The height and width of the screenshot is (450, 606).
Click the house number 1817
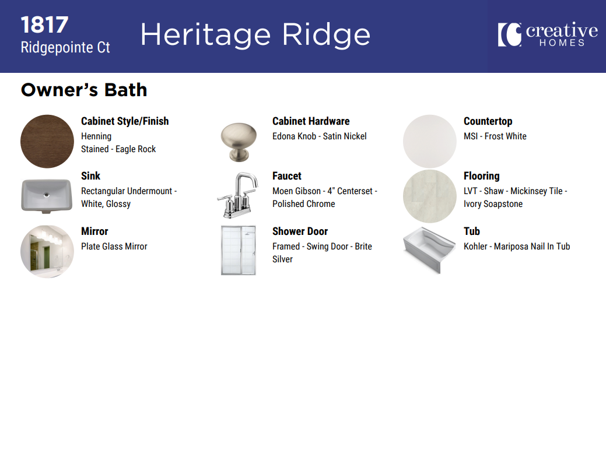point(44,25)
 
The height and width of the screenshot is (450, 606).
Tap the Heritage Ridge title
point(255,35)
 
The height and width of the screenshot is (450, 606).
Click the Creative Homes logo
point(548,34)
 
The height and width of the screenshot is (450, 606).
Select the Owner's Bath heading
point(84,90)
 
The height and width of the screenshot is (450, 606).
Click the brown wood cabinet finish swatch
point(47,142)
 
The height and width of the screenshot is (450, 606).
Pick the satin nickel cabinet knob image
point(239,142)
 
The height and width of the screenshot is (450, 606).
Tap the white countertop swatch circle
point(430,142)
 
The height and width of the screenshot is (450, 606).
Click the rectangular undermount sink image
point(47,196)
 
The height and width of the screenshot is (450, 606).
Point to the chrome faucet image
point(237,195)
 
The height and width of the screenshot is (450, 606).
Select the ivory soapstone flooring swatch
point(430,196)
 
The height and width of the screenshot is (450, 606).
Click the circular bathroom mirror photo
point(47,251)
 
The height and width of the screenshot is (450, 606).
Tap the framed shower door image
point(239,250)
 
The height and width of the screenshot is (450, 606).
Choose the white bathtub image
point(429,249)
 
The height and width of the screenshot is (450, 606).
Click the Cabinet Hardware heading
point(311,121)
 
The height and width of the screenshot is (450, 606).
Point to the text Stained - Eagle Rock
point(118,149)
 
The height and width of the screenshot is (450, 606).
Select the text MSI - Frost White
point(495,136)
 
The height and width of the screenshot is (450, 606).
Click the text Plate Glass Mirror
point(114,247)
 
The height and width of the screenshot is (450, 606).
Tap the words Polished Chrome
point(304,204)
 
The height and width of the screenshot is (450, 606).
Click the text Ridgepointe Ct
point(65,48)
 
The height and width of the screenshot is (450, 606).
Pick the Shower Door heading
point(300,231)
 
